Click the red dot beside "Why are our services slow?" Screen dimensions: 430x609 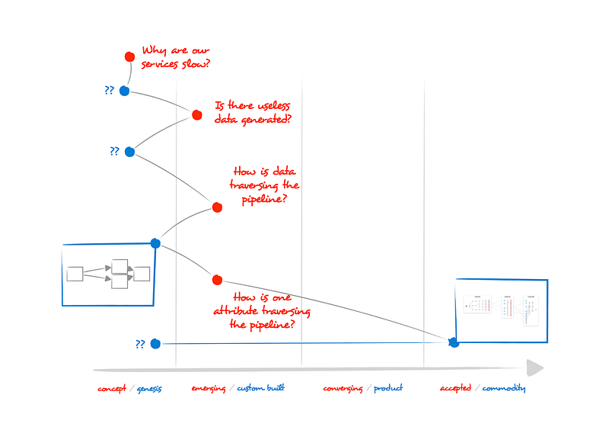pyautogui.click(x=129, y=56)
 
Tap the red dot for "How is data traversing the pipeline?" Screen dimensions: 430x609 pyautogui.click(x=217, y=207)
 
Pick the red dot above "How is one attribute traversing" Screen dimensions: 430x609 pyautogui.click(x=217, y=280)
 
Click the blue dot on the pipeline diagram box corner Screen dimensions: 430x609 pyautogui.click(x=155, y=243)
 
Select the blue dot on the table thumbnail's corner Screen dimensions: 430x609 pyautogui.click(x=454, y=342)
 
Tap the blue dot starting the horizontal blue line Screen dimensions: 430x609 pyautogui.click(x=155, y=344)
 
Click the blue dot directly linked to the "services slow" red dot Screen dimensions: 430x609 pyautogui.click(x=124, y=91)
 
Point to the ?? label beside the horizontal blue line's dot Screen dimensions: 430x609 pyautogui.click(x=140, y=344)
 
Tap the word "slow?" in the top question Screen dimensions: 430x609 pyautogui.click(x=195, y=64)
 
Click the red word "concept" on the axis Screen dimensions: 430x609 pyautogui.click(x=113, y=388)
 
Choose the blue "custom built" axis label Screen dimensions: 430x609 pyautogui.click(x=261, y=388)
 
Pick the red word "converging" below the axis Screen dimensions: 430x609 pyautogui.click(x=342, y=388)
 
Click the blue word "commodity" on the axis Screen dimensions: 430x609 pyautogui.click(x=503, y=388)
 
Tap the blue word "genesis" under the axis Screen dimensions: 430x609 pyautogui.click(x=149, y=388)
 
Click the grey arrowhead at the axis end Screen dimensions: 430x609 pyautogui.click(x=535, y=368)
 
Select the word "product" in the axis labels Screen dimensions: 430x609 pyautogui.click(x=388, y=388)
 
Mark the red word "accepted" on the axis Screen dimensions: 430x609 pyautogui.click(x=455, y=388)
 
